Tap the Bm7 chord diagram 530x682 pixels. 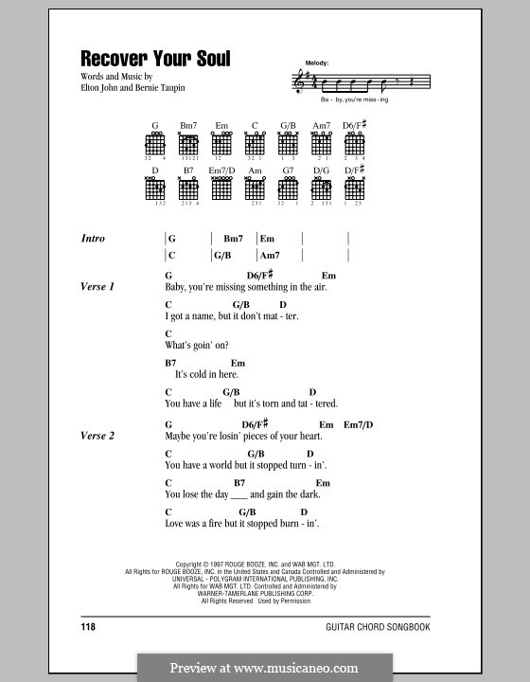point(188,143)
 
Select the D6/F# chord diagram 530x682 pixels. point(355,143)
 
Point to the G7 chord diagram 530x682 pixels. point(288,188)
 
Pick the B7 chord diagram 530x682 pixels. point(188,188)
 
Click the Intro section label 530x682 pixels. point(93,239)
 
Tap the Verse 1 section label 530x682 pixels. point(97,285)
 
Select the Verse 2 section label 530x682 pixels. point(97,436)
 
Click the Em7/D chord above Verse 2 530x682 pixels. point(359,424)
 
